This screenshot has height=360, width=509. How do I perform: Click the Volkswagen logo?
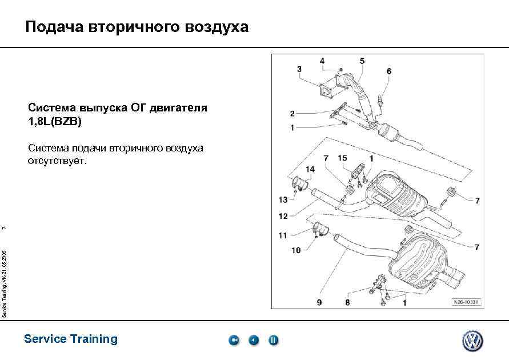472,341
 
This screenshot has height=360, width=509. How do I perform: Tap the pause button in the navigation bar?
273,341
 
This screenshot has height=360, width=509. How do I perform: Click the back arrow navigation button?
254,341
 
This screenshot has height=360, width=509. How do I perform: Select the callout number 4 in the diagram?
322,61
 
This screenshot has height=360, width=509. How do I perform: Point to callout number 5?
362,61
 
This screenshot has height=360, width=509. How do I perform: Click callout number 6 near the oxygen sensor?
389,71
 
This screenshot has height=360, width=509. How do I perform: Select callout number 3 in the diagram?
299,70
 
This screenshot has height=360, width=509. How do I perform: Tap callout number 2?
292,114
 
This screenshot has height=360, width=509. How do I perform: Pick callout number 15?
342,158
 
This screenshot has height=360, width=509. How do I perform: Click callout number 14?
310,169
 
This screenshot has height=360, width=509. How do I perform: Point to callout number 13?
283,199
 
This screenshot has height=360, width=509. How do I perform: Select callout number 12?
283,216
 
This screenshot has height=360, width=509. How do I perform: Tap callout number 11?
283,235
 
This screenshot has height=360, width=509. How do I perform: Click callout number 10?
296,250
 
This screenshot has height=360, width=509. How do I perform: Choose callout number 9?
319,302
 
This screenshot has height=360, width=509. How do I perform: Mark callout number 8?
347,302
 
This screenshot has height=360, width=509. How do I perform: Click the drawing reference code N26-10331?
467,302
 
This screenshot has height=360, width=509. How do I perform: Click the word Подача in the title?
54,27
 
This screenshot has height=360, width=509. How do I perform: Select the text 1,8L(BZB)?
55,122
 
